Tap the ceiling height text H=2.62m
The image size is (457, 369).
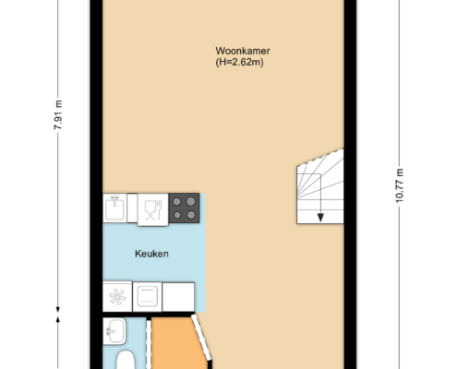point(239,62)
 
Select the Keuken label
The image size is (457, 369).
point(151,254)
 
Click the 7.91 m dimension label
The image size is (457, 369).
point(58,114)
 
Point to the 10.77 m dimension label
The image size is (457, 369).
point(399,185)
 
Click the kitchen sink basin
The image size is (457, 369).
point(114,208)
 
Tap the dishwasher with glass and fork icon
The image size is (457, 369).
point(153,209)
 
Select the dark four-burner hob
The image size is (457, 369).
point(184,208)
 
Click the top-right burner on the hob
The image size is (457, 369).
point(191,202)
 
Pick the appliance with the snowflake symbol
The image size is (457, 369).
point(117,296)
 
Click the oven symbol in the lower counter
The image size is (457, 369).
point(148,297)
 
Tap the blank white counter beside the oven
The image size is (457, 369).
point(178,297)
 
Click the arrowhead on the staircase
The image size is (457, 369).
point(320,218)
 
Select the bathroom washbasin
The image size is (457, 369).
point(114,331)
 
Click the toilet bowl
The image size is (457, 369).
point(126,360)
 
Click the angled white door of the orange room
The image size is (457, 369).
point(201,337)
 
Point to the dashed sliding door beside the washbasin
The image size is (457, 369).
point(149,344)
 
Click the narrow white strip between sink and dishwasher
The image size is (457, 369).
point(132,208)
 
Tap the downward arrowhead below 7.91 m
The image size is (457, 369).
point(58,310)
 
